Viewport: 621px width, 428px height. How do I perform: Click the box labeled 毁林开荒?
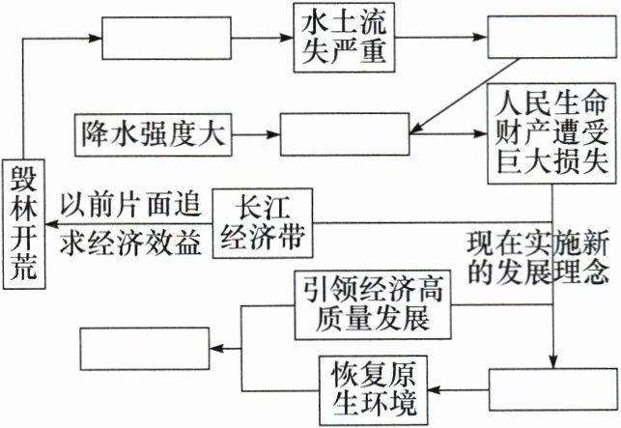pyautogui.click(x=23, y=221)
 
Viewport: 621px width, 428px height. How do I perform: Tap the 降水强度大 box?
pyautogui.click(x=154, y=133)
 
